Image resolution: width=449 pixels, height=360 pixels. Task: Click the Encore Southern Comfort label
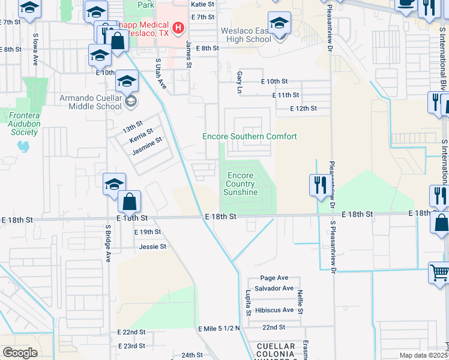249,137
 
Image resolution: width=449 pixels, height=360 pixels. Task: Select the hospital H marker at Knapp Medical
177,28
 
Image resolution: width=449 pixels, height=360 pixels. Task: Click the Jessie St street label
152,247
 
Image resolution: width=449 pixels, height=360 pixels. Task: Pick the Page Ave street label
274,278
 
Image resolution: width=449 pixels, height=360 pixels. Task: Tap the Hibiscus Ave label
274,310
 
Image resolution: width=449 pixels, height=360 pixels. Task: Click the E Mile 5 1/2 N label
218,328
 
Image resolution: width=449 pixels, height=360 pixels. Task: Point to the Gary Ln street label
240,77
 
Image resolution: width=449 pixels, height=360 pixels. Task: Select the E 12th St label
303,109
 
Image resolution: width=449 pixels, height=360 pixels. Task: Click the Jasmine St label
148,146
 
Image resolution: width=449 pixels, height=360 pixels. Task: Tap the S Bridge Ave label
109,244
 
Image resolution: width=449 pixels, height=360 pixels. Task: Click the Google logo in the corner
20,352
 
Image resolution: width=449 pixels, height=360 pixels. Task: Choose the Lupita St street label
248,304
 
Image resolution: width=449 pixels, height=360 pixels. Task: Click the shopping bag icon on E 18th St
129,201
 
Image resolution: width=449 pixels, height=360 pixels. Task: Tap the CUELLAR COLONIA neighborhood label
276,350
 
